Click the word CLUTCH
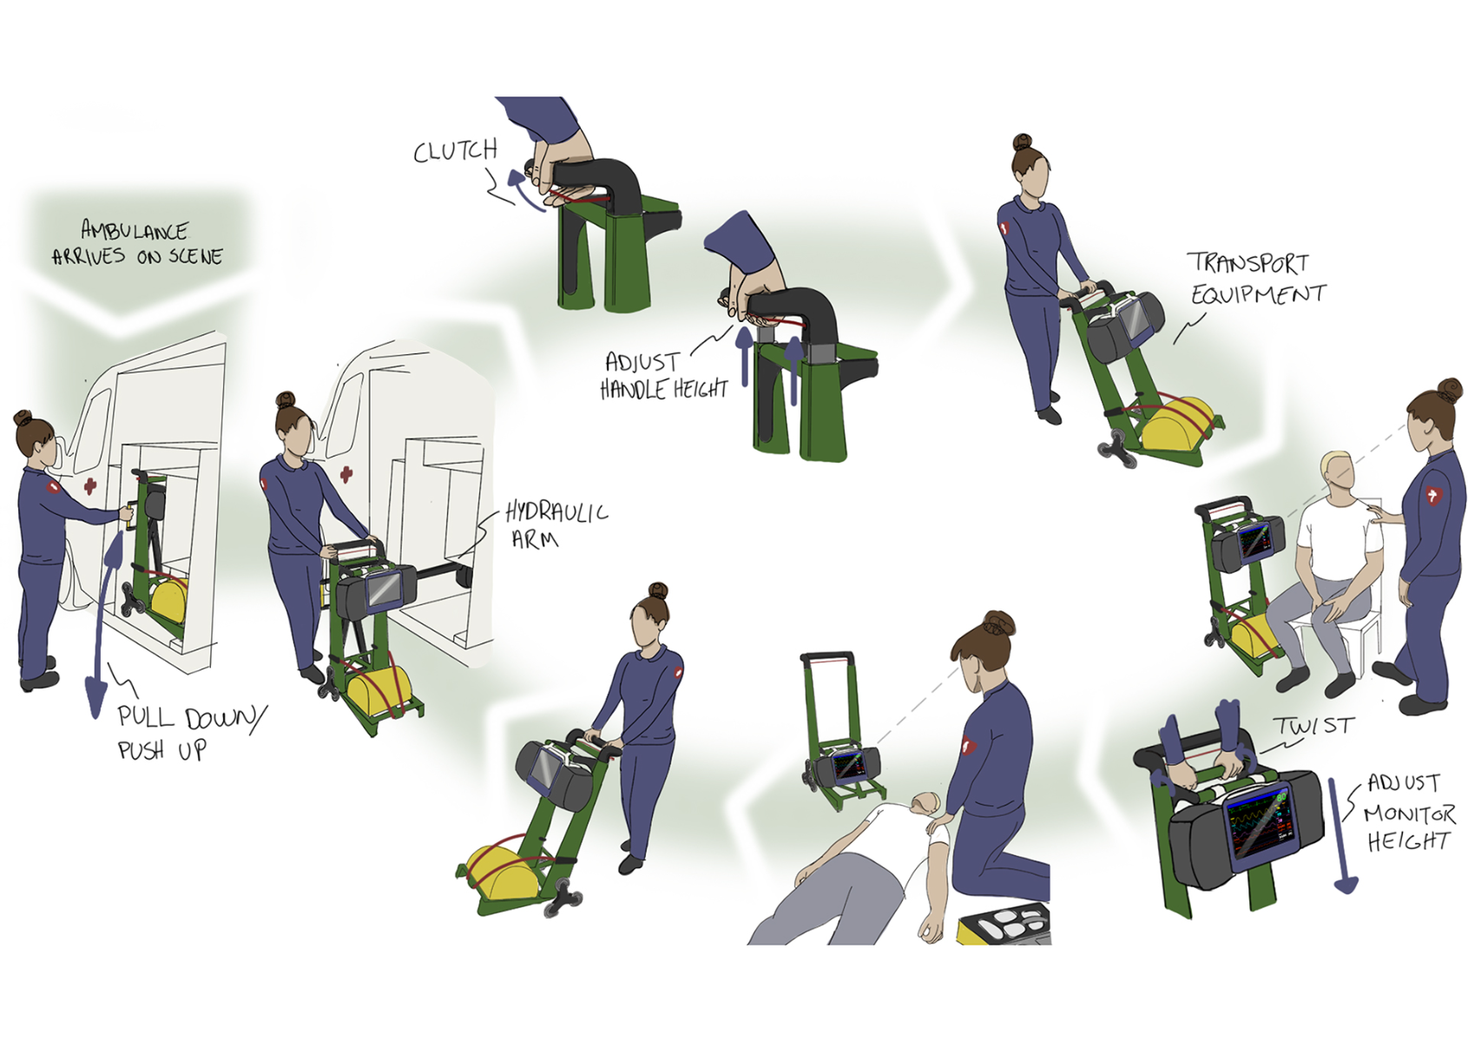pos(456,151)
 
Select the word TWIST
pos(1314,726)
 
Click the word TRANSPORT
pos(1248,263)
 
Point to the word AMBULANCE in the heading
pos(135,231)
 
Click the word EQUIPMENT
pos(1259,293)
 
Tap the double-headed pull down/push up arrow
pos(105,623)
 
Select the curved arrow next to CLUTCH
pos(523,190)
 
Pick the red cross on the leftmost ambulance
pos(89,485)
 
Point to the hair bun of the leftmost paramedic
pos(23,418)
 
